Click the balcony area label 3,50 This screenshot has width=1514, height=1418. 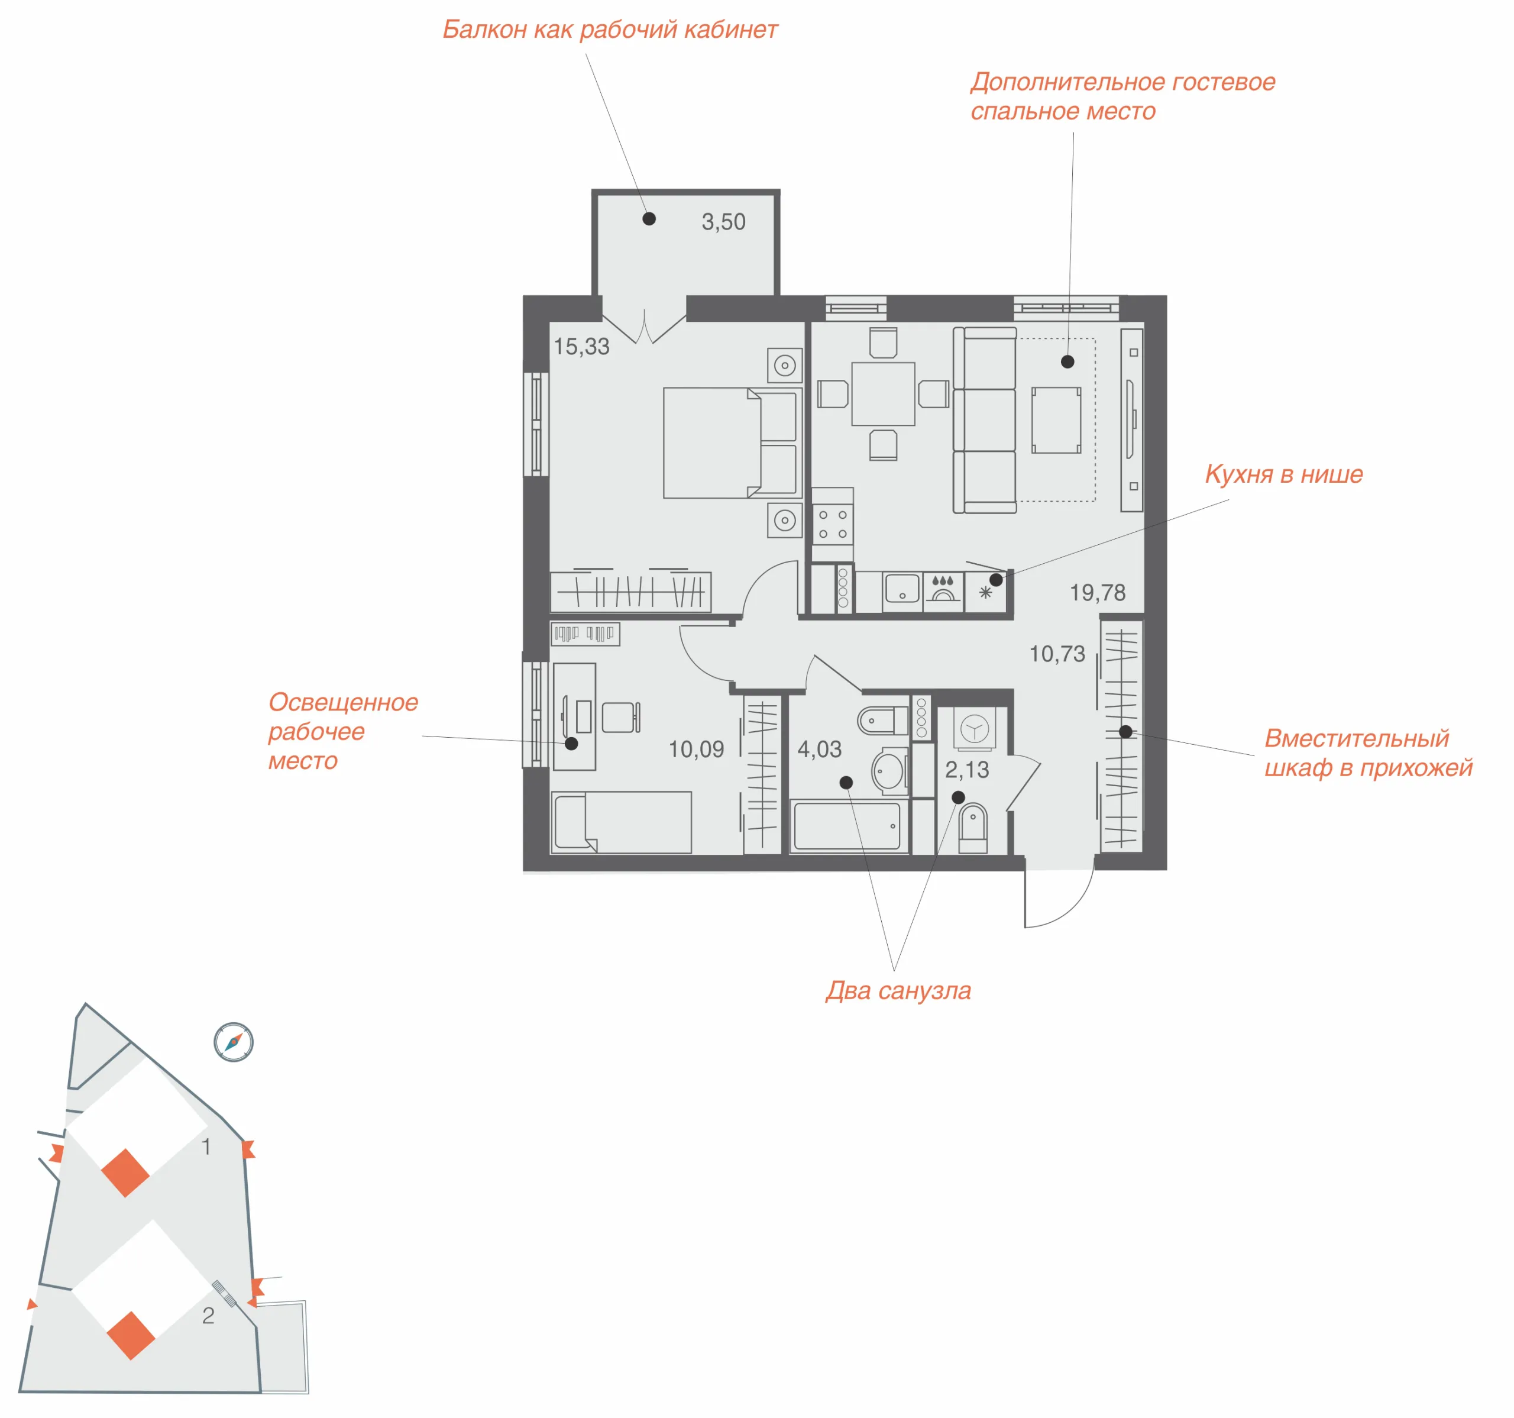pyautogui.click(x=723, y=222)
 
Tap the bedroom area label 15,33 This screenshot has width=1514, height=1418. pyautogui.click(x=581, y=347)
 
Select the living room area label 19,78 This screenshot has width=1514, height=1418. pyautogui.click(x=1098, y=592)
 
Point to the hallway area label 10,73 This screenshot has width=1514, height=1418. pyautogui.click(x=1057, y=653)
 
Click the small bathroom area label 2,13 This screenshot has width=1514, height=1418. pyautogui.click(x=966, y=770)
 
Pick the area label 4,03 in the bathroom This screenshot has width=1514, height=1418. pyautogui.click(x=820, y=749)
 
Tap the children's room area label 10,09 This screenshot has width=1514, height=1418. pyautogui.click(x=696, y=749)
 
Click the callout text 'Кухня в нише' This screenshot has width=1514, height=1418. pyautogui.click(x=1283, y=474)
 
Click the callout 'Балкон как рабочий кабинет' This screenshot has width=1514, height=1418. pyautogui.click(x=610, y=30)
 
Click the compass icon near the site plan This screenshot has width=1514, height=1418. pyautogui.click(x=233, y=1042)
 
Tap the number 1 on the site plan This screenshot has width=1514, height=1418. pyautogui.click(x=206, y=1146)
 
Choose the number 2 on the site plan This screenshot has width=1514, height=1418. pyautogui.click(x=208, y=1315)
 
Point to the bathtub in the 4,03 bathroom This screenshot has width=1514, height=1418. pyautogui.click(x=847, y=825)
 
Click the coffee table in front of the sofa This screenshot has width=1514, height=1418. pyautogui.click(x=1056, y=420)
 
